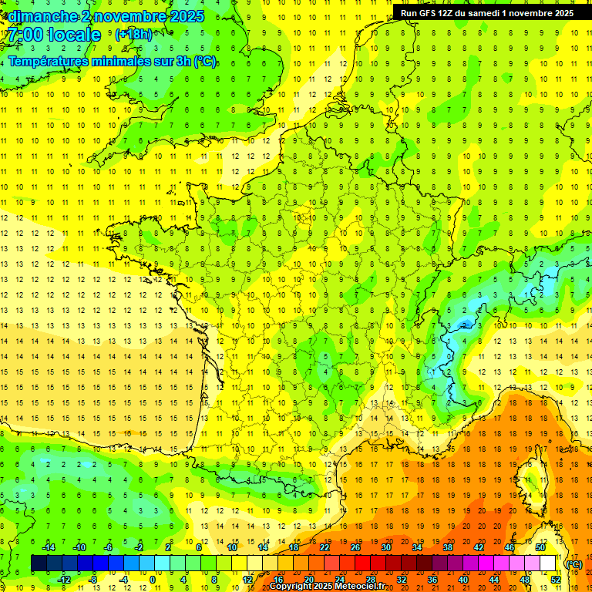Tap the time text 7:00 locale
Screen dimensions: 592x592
click(54, 35)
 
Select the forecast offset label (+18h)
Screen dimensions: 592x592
click(133, 34)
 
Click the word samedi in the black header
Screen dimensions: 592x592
click(493, 13)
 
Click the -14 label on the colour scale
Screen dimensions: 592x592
click(48, 547)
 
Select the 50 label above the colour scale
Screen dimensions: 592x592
click(540, 547)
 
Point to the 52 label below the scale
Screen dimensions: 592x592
click(555, 580)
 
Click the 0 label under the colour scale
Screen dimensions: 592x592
click(153, 580)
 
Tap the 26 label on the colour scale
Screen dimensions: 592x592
click(355, 547)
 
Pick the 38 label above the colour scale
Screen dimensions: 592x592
click(448, 547)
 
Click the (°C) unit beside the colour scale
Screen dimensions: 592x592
click(574, 564)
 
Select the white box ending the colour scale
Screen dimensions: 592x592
click(547, 563)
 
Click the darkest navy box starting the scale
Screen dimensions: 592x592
click(39, 563)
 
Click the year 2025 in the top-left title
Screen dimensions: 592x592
click(187, 16)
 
